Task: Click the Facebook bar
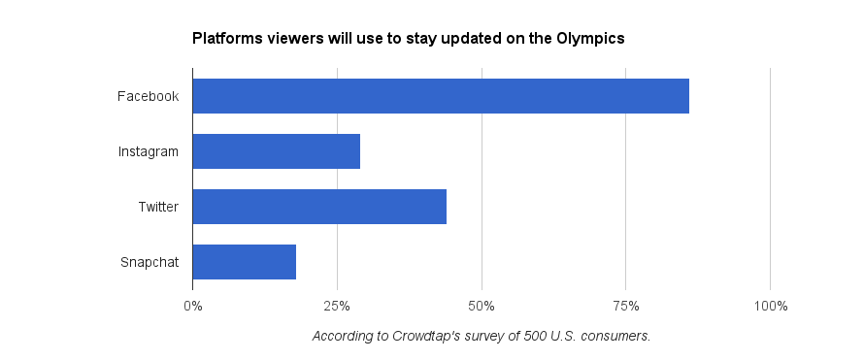tap(441, 96)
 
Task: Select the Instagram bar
tap(276, 151)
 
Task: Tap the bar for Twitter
tap(319, 207)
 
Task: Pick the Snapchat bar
tap(244, 262)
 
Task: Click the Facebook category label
tap(148, 96)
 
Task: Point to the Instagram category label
tap(149, 152)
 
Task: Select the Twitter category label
tap(158, 207)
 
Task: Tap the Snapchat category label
tap(150, 263)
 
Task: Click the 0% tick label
tap(193, 306)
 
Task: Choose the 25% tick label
tap(337, 306)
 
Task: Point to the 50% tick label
tap(482, 306)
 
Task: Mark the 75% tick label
tap(626, 306)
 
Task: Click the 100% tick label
tap(771, 306)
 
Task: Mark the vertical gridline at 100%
tap(771, 179)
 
